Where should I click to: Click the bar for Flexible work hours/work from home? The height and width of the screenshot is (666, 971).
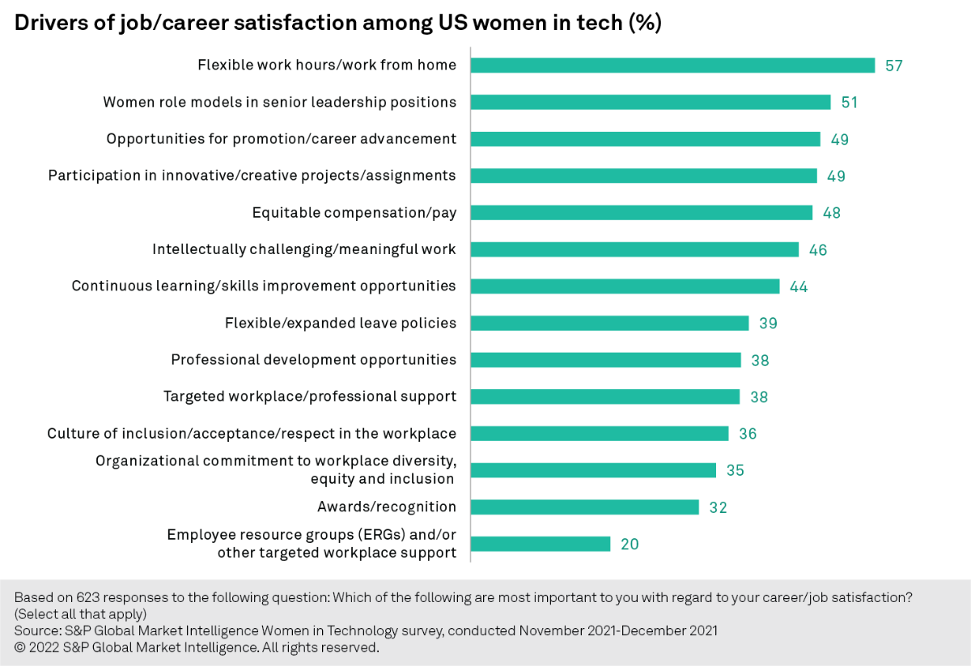pos(672,66)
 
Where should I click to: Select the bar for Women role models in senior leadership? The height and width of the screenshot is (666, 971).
pos(651,102)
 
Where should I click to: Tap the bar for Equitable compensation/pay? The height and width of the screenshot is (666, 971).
pos(641,213)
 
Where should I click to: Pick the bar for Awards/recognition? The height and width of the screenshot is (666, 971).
pos(584,507)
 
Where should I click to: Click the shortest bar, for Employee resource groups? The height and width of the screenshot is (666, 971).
pos(541,544)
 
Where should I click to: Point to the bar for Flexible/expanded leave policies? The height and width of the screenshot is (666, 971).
pos(609,323)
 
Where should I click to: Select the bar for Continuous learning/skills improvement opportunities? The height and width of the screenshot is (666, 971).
pos(625,286)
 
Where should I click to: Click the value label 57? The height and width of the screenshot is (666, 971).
pos(893,66)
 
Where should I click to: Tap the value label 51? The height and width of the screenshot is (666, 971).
pos(849,103)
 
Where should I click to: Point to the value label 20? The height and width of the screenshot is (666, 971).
pos(630,545)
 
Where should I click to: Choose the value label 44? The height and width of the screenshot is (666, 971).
pos(799,286)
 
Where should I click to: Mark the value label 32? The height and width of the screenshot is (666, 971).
pos(718,508)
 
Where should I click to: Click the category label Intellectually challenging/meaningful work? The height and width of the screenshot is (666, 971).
pos(304,250)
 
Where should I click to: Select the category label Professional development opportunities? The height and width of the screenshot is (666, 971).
pos(313,360)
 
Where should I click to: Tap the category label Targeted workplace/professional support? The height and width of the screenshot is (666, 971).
pos(310,397)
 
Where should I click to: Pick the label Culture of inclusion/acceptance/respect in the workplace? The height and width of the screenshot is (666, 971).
pos(252,434)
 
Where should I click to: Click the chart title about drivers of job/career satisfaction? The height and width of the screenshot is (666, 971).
pos(338,23)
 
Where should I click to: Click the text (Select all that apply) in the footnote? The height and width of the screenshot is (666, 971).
pos(80,613)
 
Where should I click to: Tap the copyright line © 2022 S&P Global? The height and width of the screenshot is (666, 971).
pos(197,647)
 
